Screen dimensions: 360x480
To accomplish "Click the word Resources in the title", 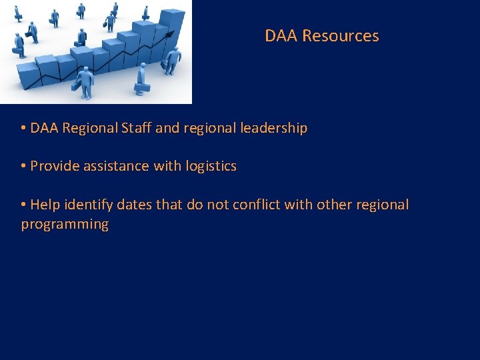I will pyautogui.click(x=340, y=36).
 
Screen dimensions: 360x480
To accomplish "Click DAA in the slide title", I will pyautogui.click(x=281, y=36).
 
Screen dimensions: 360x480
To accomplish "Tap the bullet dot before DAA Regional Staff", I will pyautogui.click(x=23, y=128).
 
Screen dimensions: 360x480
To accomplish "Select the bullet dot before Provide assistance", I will pyautogui.click(x=23, y=166).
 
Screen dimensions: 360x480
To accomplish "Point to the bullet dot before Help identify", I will pyautogui.click(x=23, y=205).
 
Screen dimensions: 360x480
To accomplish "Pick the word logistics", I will pyautogui.click(x=210, y=166).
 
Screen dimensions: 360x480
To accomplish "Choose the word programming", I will pyautogui.click(x=65, y=224).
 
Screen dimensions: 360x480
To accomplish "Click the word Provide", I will pyautogui.click(x=55, y=166).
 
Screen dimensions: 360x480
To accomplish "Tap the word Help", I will pyautogui.click(x=45, y=205).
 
